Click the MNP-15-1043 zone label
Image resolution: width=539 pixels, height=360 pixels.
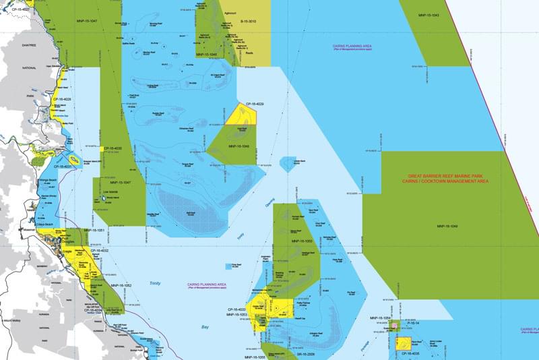tap(429, 15)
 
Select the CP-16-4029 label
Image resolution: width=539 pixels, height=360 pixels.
tap(254, 104)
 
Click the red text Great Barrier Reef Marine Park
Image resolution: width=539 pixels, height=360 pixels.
tap(443, 177)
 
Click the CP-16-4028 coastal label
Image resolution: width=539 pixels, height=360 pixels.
tap(63, 100)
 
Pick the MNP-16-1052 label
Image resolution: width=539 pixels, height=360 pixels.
tap(121, 285)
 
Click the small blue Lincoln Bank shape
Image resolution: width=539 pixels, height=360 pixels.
tap(288, 162)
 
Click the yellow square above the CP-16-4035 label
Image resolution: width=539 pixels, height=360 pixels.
tap(404, 343)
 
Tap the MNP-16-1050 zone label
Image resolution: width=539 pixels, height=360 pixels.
tap(301, 241)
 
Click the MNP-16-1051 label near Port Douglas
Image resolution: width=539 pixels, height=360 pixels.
tap(94, 230)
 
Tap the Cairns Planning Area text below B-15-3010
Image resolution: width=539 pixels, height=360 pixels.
tap(352, 47)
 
